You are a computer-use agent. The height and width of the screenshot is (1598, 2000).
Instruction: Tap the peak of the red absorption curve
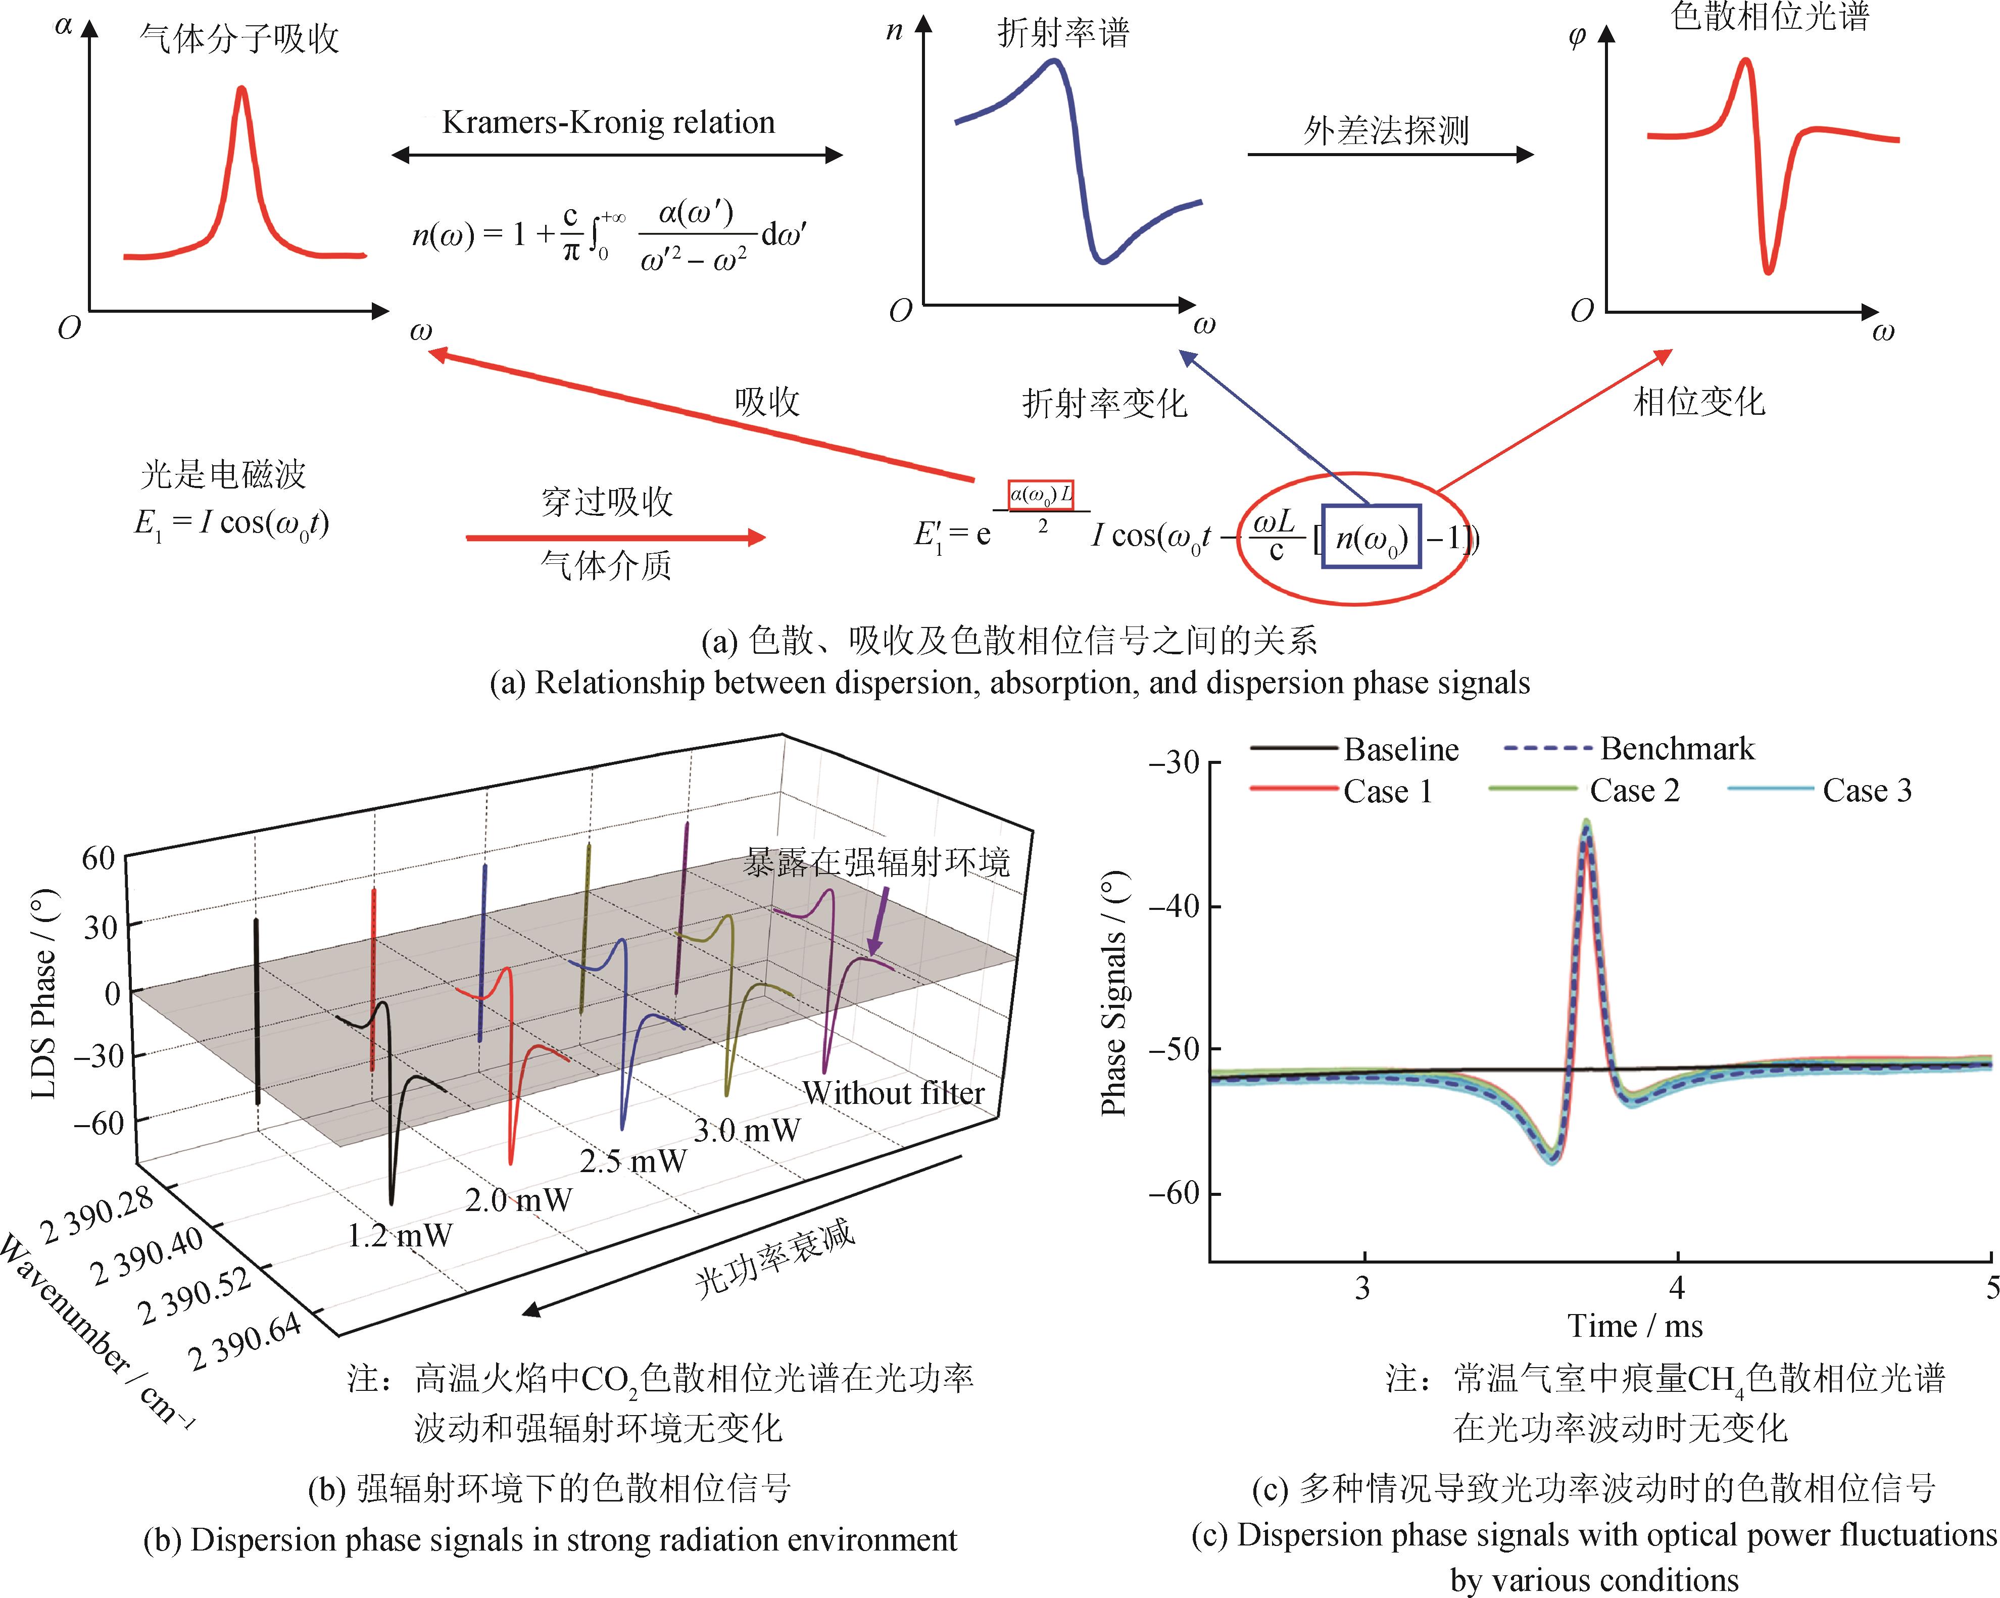click(x=242, y=89)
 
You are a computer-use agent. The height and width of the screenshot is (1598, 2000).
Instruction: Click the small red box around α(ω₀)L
click(x=1041, y=495)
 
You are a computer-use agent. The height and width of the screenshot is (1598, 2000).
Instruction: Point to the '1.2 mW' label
click(x=400, y=1235)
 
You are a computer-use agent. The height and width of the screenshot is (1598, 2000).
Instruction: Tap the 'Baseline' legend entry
click(x=1401, y=749)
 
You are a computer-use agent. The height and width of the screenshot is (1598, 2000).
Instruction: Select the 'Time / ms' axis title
click(x=1635, y=1326)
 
